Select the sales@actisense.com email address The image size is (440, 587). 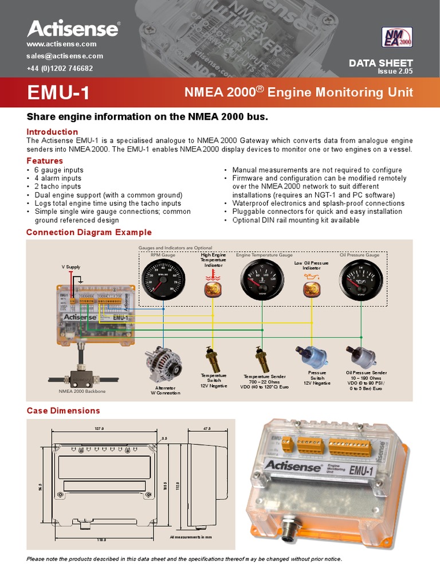pyautogui.click(x=65, y=56)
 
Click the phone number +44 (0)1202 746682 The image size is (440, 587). pyautogui.click(x=60, y=68)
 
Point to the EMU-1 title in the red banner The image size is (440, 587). pyautogui.click(x=58, y=93)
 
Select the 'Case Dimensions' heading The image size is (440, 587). pyautogui.click(x=63, y=410)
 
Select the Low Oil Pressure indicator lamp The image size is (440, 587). pyautogui.click(x=311, y=287)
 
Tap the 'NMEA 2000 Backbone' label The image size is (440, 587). pyautogui.click(x=82, y=391)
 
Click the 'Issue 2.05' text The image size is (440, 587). pyautogui.click(x=395, y=72)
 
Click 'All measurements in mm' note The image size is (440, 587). pyautogui.click(x=191, y=537)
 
